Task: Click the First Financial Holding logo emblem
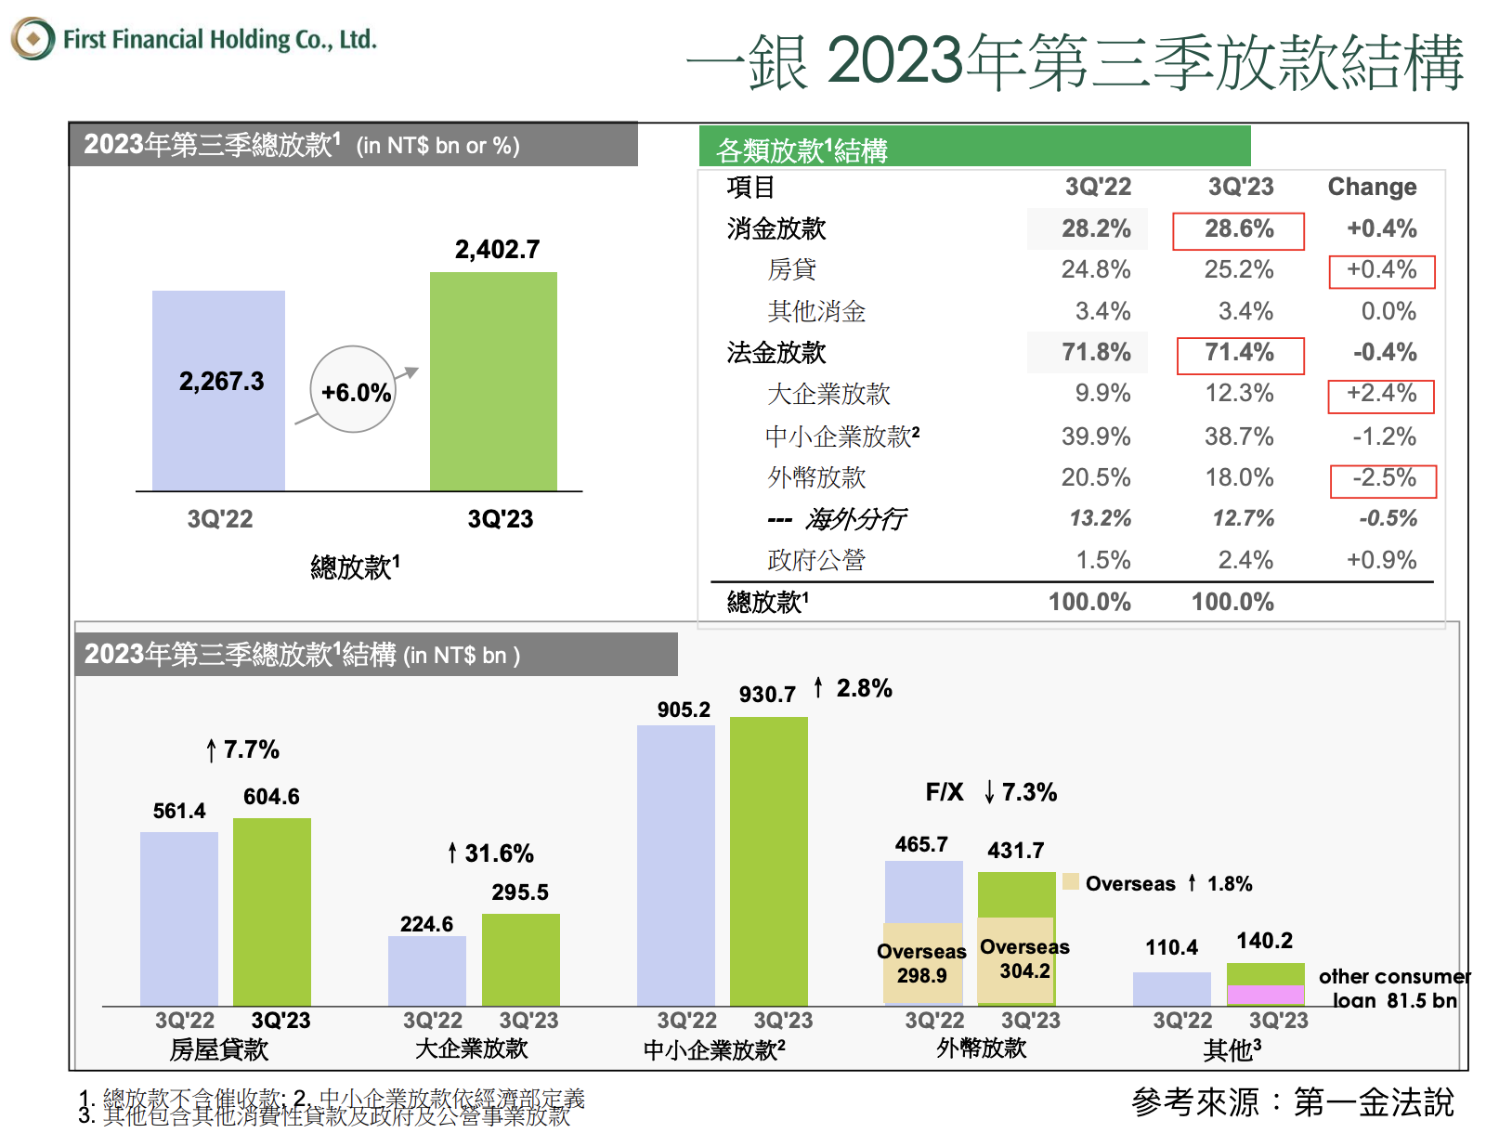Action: [33, 39]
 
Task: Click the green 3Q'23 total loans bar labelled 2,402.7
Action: [493, 381]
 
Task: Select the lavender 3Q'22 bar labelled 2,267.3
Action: [218, 390]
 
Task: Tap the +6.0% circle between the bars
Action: [354, 391]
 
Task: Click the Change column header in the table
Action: [1372, 187]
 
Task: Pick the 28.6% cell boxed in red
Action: [1238, 230]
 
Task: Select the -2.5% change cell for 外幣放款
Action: [1383, 480]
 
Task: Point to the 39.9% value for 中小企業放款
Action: [1096, 436]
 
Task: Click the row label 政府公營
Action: [815, 560]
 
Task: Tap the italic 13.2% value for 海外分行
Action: [1100, 518]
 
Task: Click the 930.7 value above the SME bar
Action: [767, 695]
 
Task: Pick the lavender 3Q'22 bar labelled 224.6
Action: [426, 970]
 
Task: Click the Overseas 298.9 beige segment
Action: [922, 963]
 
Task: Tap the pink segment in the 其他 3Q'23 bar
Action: [1265, 995]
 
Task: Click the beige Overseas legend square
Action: [1070, 882]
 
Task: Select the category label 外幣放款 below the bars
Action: [981, 1048]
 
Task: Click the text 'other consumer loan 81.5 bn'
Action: [1394, 988]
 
